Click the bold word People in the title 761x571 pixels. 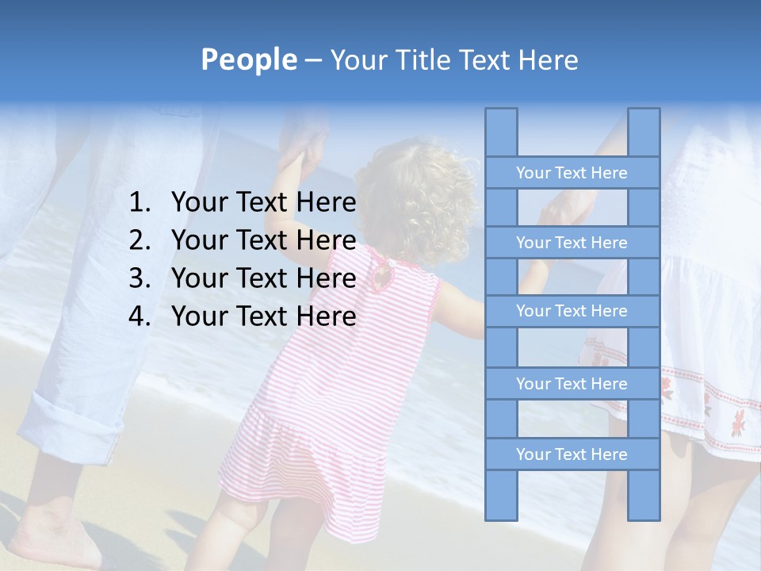click(248, 59)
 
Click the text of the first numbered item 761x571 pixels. click(263, 203)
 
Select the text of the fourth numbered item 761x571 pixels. click(263, 316)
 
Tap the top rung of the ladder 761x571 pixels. click(572, 172)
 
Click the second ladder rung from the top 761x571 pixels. click(572, 242)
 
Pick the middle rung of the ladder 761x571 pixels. click(572, 311)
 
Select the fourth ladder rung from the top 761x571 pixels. click(572, 384)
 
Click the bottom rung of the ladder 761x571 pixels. click(572, 454)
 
